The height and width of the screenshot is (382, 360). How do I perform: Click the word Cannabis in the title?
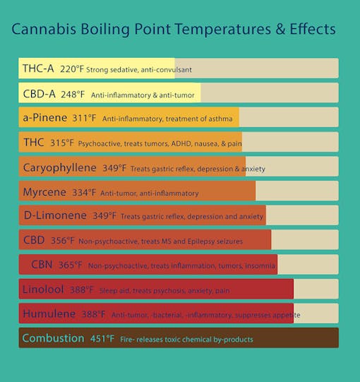[x=45, y=31]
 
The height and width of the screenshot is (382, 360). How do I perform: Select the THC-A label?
[x=38, y=69]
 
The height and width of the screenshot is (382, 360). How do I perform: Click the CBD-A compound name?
[x=39, y=93]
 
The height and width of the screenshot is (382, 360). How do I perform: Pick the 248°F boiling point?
[x=73, y=94]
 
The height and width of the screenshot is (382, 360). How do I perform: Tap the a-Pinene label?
[x=44, y=117]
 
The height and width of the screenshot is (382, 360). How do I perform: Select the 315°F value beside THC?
[x=62, y=143]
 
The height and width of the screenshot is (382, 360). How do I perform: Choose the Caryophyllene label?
[x=59, y=167]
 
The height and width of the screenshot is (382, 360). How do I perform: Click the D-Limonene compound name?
[x=54, y=215]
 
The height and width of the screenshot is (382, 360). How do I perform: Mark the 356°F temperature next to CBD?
[x=63, y=241]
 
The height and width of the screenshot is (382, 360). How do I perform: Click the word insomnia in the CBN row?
[x=252, y=265]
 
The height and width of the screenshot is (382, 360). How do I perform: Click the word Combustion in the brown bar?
[x=53, y=338]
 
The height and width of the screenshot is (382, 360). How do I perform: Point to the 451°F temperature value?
[x=102, y=339]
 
